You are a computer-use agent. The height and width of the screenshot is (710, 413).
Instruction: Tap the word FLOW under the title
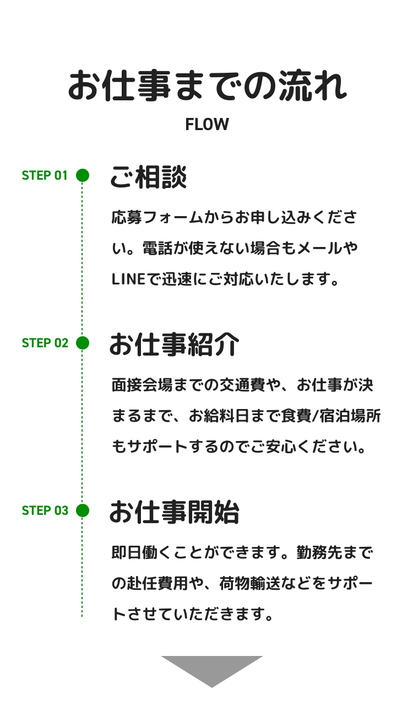point(206,125)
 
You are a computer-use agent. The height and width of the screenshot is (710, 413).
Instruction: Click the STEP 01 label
point(45,176)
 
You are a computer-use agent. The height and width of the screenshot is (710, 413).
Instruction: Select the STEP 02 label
point(45,343)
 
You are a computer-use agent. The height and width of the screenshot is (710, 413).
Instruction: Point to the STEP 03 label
point(45,511)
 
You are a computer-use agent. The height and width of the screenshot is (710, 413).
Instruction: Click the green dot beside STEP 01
point(83,175)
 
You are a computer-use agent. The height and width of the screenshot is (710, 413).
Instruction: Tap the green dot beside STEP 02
point(83,343)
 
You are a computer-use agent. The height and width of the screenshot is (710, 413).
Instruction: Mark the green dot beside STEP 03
point(83,510)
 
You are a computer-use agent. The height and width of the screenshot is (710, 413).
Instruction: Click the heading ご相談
point(148,177)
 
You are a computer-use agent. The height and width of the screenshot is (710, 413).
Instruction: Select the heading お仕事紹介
point(174,345)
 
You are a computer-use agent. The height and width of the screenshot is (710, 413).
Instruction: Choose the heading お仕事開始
point(174,513)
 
